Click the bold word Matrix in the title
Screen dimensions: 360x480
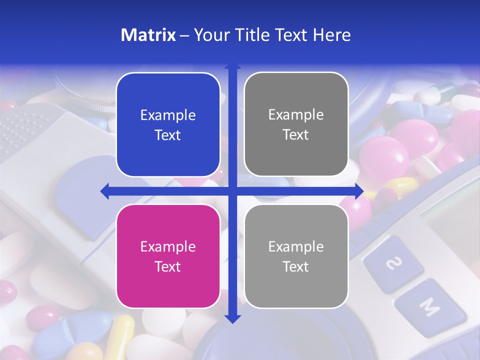pyautogui.click(x=148, y=35)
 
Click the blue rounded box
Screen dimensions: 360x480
pyautogui.click(x=168, y=124)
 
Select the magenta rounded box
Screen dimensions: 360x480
pyautogui.click(x=168, y=256)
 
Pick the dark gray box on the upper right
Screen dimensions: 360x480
pyautogui.click(x=296, y=124)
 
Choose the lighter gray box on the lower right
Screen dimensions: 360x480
pyautogui.click(x=296, y=256)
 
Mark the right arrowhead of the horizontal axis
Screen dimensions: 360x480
pyautogui.click(x=359, y=191)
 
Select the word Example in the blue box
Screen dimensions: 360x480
pyautogui.click(x=168, y=115)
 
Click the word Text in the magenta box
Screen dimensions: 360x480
pyautogui.click(x=168, y=266)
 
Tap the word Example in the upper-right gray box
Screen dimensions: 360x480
pyautogui.click(x=296, y=115)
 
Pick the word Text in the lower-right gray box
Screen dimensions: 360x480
pyautogui.click(x=296, y=266)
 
